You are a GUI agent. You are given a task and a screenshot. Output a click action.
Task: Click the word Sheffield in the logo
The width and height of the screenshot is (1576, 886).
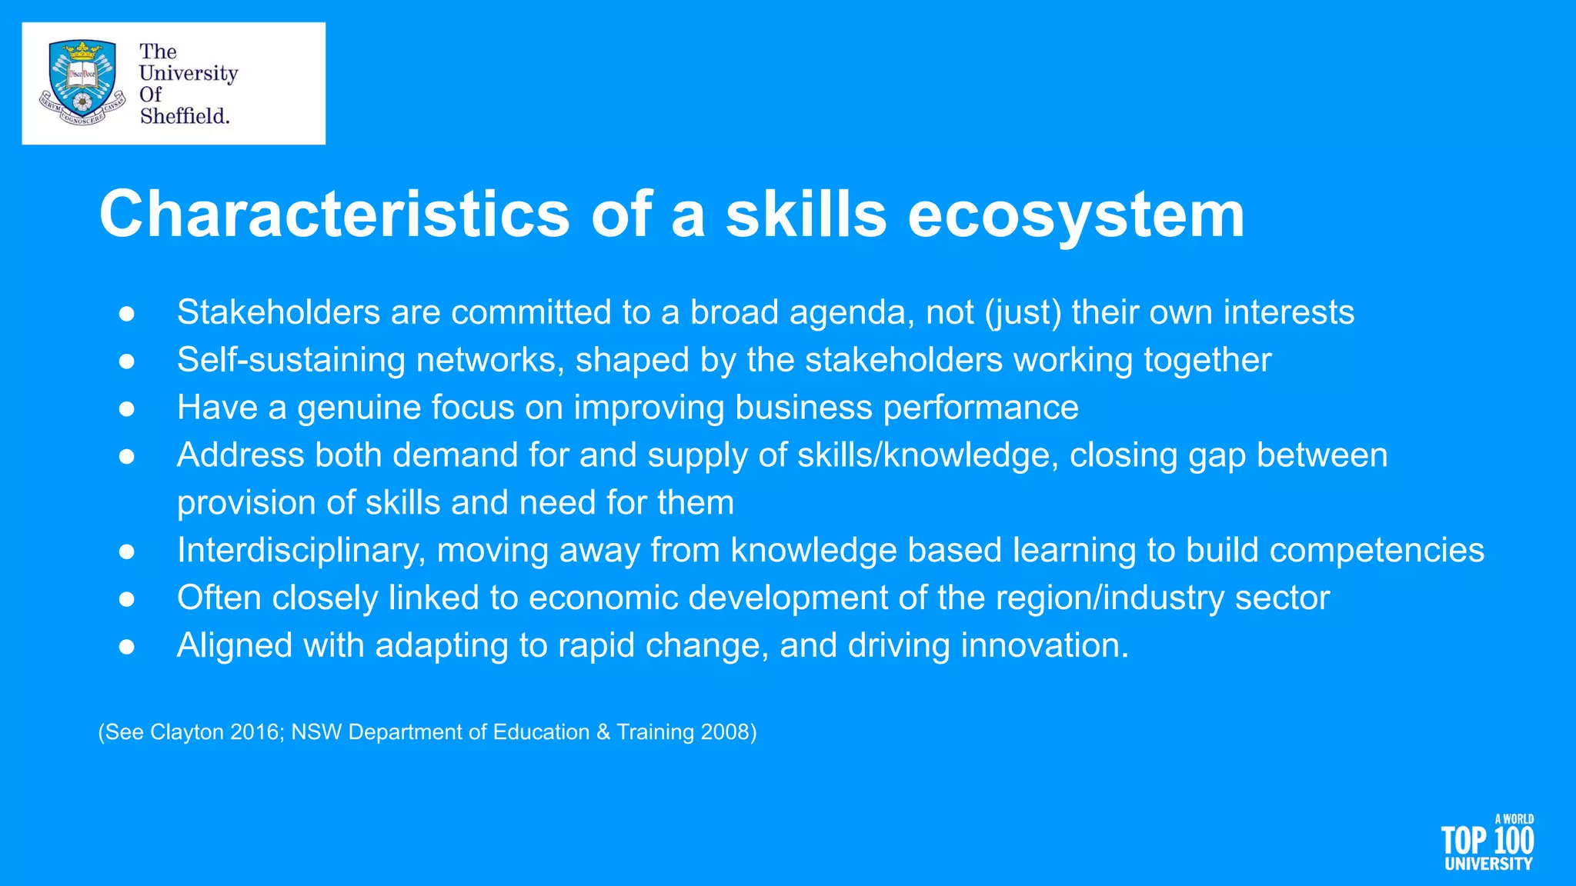[x=184, y=116]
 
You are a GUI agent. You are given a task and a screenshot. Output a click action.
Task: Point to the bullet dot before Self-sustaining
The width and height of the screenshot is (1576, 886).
[x=127, y=361]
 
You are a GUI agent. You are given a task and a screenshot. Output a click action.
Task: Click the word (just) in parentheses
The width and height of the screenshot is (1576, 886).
[x=1023, y=312]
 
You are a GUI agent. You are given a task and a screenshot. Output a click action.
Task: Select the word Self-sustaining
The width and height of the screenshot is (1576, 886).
[x=291, y=360]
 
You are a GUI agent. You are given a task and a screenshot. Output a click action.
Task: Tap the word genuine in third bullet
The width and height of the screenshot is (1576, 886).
[x=359, y=408]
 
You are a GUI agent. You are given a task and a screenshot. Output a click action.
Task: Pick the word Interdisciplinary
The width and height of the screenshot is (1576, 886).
[x=301, y=551]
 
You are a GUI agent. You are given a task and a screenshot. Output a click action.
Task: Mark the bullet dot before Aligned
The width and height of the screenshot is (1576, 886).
[x=127, y=647]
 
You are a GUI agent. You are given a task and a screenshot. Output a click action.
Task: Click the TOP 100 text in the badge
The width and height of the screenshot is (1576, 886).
[x=1487, y=840]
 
